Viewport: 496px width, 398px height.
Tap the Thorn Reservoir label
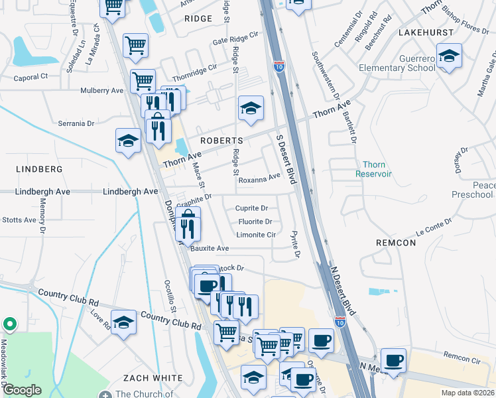click(x=377, y=169)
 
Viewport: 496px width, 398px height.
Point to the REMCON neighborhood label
click(x=395, y=243)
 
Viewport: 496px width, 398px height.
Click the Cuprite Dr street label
click(x=251, y=208)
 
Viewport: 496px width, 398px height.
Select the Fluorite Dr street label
click(x=254, y=222)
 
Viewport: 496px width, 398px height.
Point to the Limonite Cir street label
click(x=255, y=235)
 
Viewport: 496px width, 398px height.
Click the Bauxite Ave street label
click(x=210, y=249)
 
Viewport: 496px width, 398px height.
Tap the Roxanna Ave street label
click(x=259, y=179)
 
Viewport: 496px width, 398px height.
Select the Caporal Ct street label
click(x=31, y=77)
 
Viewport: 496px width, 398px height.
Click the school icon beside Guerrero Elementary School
click(x=449, y=56)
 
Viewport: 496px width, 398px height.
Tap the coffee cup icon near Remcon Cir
click(x=394, y=360)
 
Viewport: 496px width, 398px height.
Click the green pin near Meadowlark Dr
click(x=10, y=324)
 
